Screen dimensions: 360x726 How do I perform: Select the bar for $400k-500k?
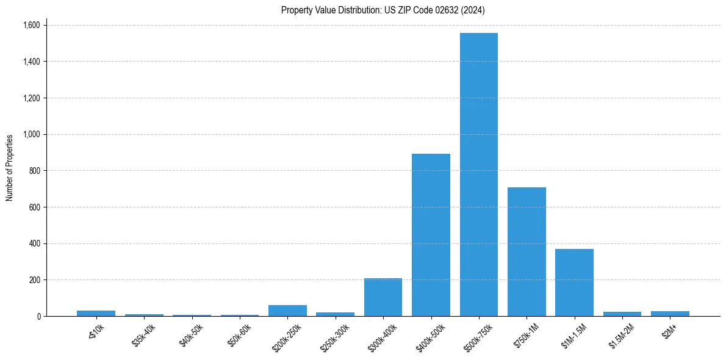(431, 235)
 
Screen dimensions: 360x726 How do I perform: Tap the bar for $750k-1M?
(527, 251)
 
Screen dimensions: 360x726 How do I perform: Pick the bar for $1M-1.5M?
(574, 283)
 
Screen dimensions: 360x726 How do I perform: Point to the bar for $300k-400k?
(383, 297)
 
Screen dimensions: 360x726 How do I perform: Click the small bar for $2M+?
(670, 314)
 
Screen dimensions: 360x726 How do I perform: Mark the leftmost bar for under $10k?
(96, 313)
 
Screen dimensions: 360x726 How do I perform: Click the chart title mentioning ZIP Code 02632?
(383, 10)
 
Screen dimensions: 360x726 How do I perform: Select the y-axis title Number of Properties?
(10, 167)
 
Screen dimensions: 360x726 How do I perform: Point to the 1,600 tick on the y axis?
(32, 25)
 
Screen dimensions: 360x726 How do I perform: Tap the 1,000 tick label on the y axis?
(32, 134)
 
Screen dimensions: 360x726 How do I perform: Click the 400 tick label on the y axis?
(35, 243)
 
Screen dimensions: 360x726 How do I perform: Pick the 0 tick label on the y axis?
(39, 316)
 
